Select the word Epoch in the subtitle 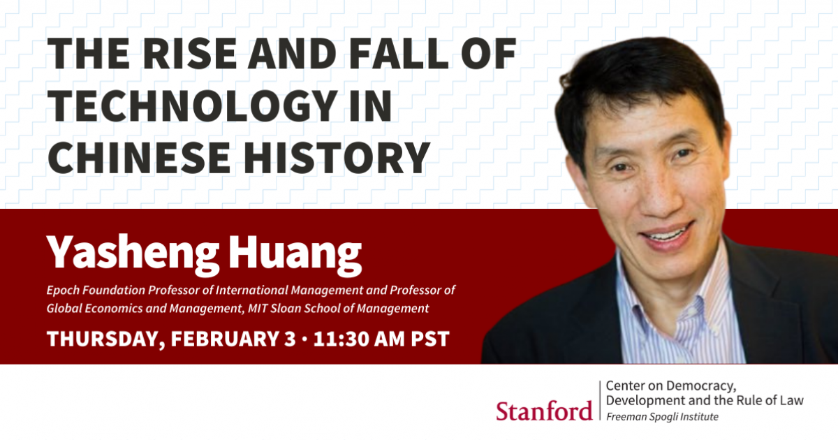point(62,291)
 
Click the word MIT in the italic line point(258,309)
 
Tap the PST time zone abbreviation point(430,339)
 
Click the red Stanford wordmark point(544,411)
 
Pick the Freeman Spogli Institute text point(662,417)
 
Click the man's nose point(661,198)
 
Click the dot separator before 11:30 point(304,339)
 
